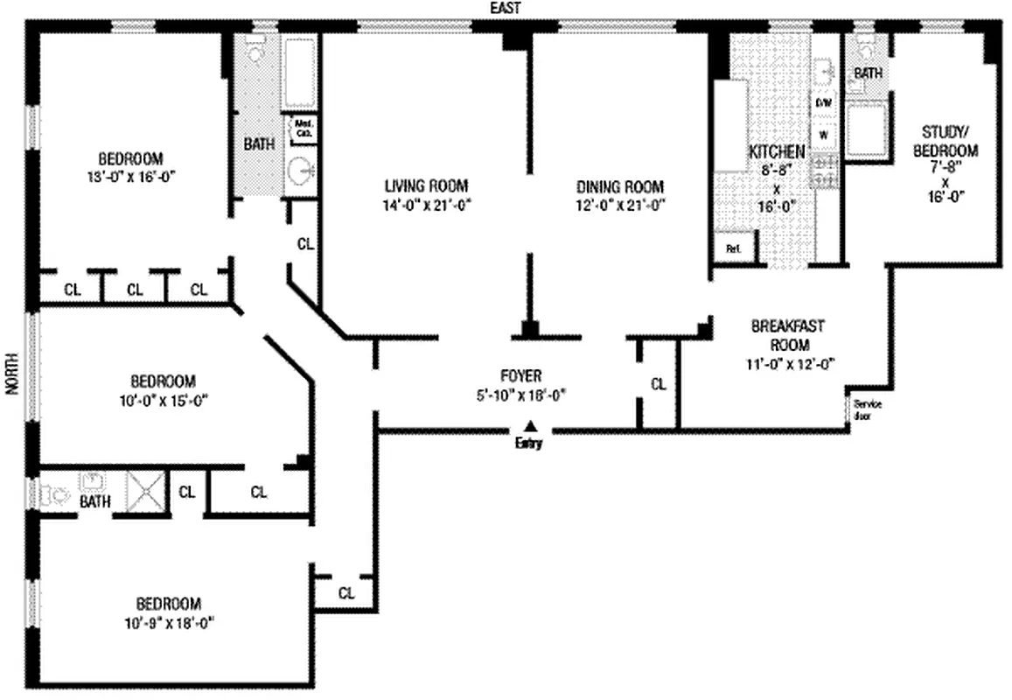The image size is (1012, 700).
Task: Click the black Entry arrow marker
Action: [x=529, y=425]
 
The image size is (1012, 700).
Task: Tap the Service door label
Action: [x=867, y=409]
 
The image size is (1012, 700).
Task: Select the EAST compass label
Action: [x=506, y=8]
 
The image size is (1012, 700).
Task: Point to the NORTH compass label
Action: [x=11, y=374]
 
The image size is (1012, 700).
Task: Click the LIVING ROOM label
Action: [x=426, y=185]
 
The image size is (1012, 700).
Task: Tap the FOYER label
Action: [x=516, y=375]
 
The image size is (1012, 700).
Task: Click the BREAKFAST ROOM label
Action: [x=787, y=335]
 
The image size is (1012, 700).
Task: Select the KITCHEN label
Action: [x=776, y=151]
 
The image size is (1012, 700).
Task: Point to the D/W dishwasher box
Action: [x=824, y=103]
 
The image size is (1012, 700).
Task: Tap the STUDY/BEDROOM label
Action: [x=950, y=141]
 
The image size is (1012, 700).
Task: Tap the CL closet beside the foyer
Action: [x=658, y=384]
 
